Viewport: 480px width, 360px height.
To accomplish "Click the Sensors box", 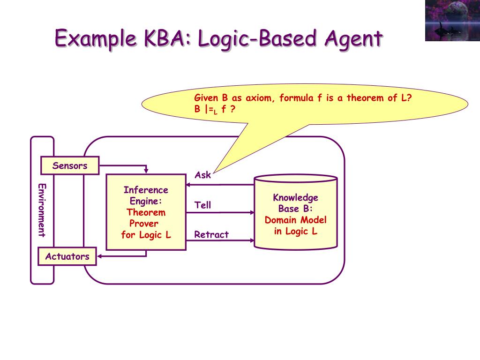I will pos(70,165).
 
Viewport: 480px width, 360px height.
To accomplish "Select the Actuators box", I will pos(67,256).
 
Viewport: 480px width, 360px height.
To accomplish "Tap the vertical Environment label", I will pos(42,210).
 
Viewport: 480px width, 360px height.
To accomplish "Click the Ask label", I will pos(203,175).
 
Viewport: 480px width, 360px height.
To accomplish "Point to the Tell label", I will pos(203,205).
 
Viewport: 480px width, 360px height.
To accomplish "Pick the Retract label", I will pos(211,234).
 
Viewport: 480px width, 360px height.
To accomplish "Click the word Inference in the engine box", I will pos(146,190).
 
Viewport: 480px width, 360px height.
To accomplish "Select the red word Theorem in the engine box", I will pos(146,212).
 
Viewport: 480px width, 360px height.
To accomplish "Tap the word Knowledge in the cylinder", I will pos(296,197).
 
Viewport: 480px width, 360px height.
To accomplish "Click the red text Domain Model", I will pos(296,220).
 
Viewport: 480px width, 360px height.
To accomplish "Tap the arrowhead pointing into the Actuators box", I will pos(99,256).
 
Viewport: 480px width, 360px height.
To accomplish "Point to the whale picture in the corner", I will pos(452,21).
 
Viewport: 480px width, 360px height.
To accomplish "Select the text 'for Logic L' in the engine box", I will pos(146,235).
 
